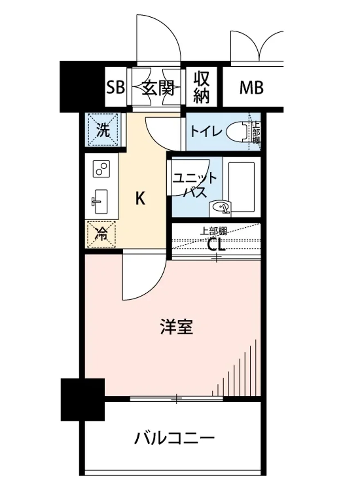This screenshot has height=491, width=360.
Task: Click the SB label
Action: [x=115, y=87]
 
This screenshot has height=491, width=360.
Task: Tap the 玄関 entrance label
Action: [x=158, y=87]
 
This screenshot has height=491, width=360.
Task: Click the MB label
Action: [x=251, y=87]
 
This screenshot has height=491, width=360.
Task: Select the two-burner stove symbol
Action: [x=102, y=168]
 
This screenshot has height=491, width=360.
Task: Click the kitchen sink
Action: [x=100, y=202]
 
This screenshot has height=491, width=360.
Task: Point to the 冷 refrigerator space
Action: [x=101, y=234]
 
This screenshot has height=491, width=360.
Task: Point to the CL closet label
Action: [x=215, y=245]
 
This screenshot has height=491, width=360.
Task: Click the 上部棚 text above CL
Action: [x=213, y=230]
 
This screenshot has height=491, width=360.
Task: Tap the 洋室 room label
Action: [x=176, y=328]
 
